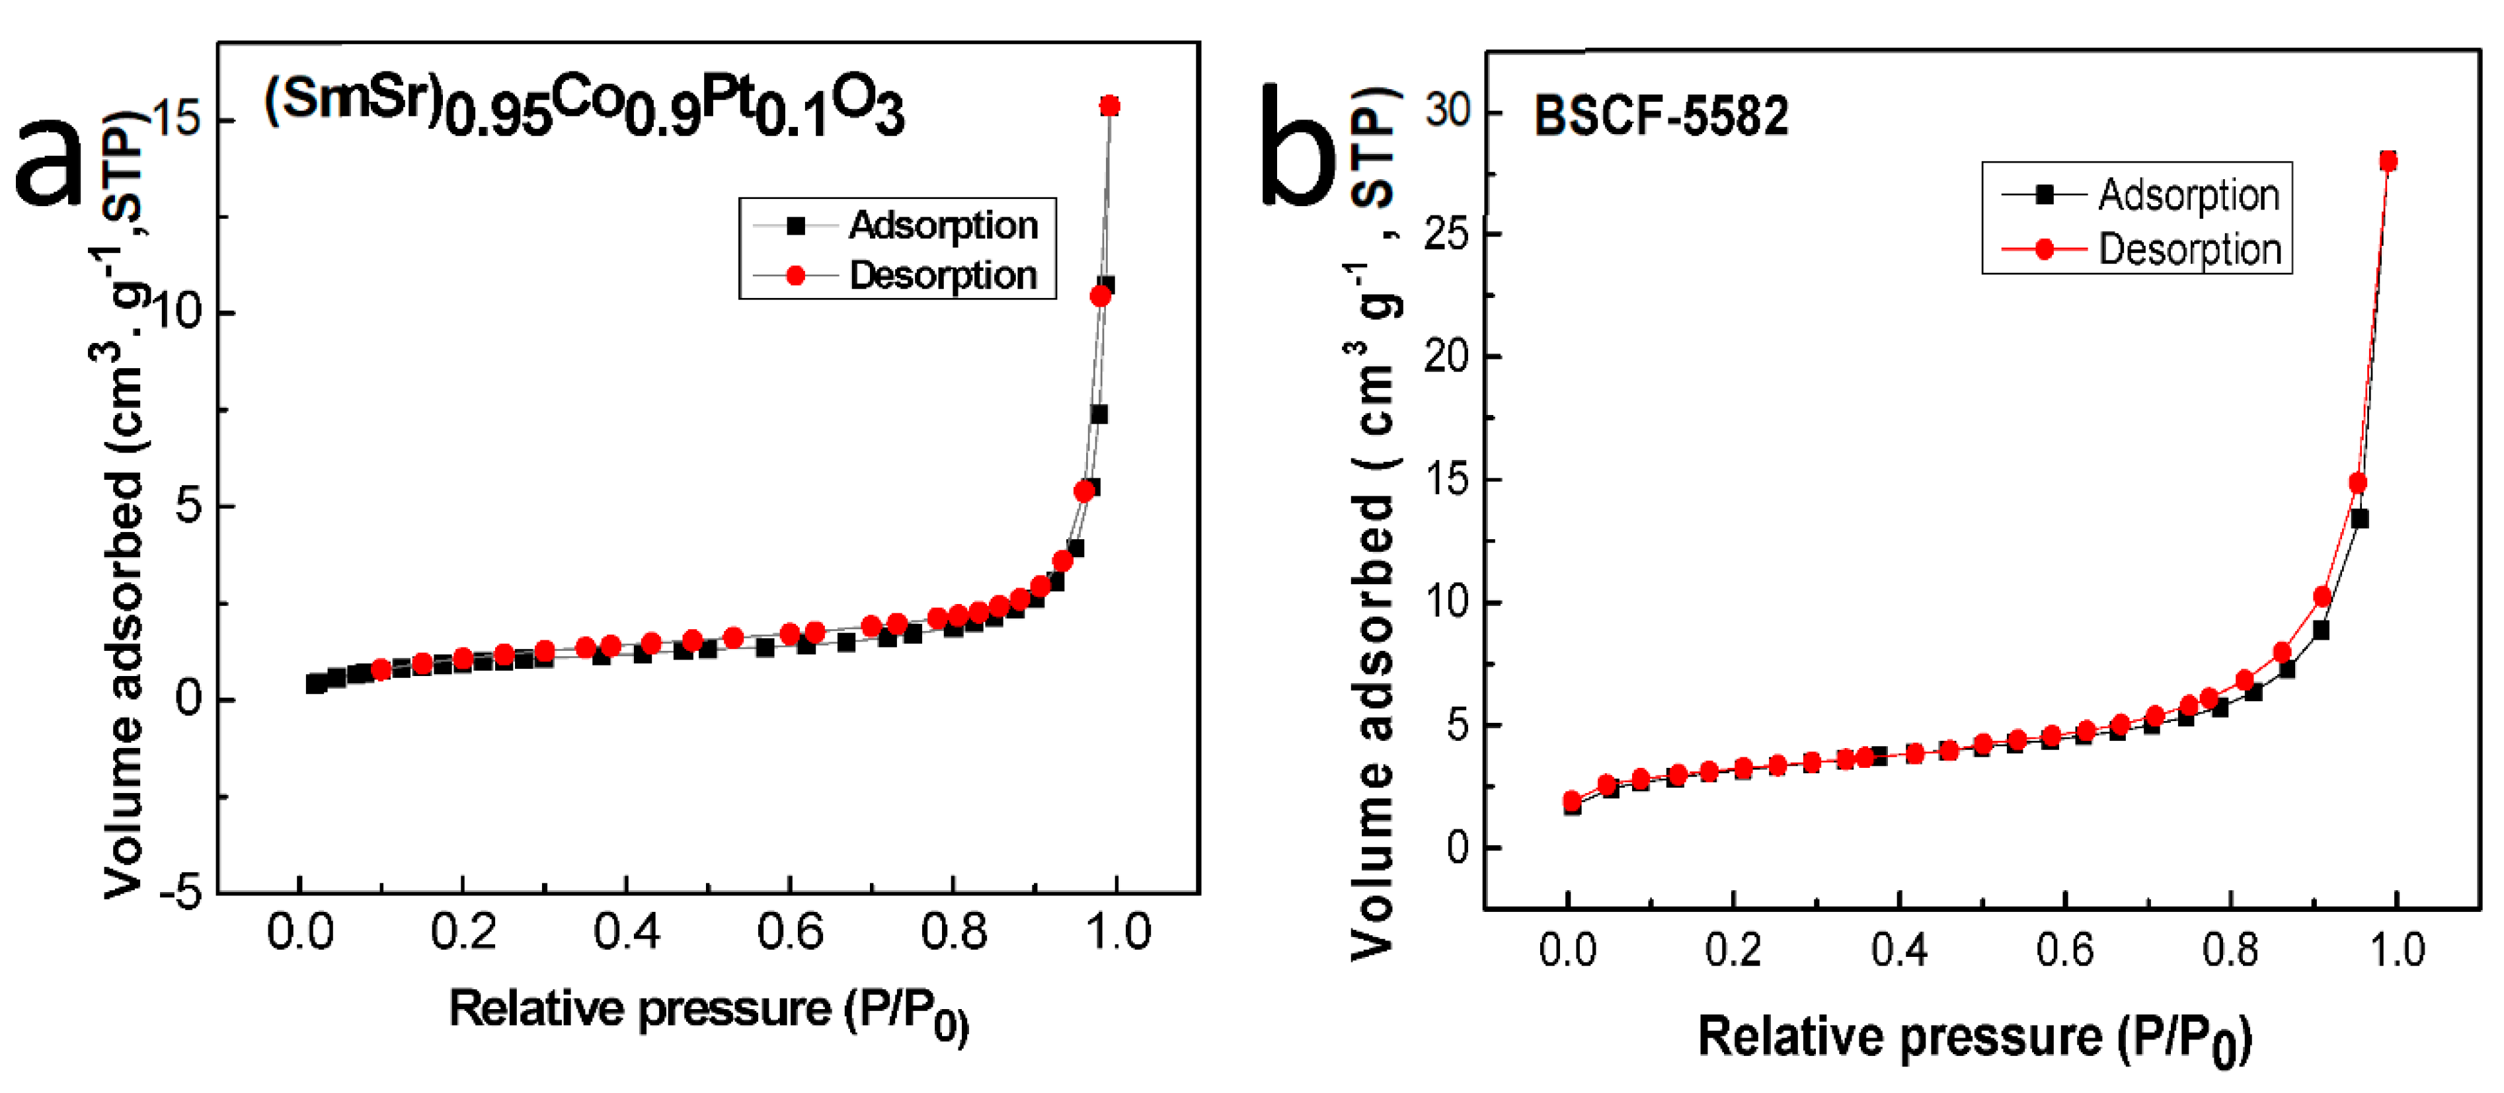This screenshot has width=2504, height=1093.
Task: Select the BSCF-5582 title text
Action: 1661,116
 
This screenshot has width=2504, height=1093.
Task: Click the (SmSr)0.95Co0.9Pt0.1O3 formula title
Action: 583,107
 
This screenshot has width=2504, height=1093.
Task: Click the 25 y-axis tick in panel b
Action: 1448,234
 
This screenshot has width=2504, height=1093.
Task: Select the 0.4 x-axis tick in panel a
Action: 626,932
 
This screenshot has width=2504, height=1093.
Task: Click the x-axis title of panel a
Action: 708,1010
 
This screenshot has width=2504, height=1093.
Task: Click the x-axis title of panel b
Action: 1973,1037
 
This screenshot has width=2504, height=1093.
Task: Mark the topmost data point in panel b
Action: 2388,161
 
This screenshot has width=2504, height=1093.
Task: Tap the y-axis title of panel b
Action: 1372,525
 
